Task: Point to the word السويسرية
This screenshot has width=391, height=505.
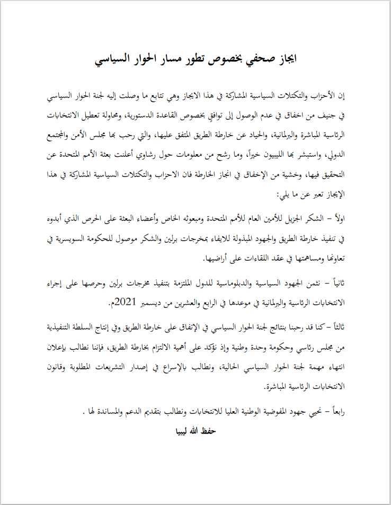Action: tap(79, 239)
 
